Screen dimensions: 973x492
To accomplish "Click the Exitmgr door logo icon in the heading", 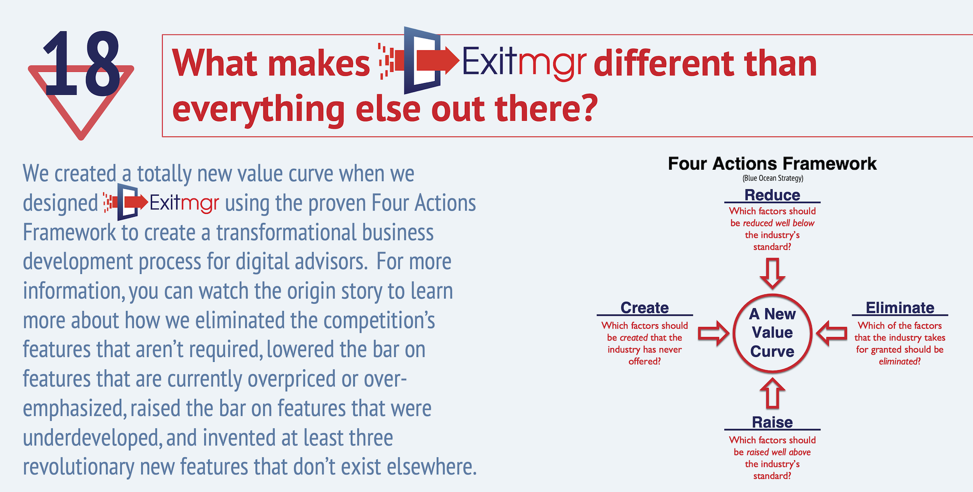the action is click(419, 60).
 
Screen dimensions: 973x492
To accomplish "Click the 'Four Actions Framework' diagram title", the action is click(772, 163).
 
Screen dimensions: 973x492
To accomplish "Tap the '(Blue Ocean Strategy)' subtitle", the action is click(773, 178).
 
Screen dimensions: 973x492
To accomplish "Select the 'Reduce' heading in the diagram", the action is click(772, 195).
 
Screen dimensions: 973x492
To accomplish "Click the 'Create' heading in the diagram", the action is click(645, 308).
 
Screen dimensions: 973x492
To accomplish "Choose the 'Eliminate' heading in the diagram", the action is click(900, 308).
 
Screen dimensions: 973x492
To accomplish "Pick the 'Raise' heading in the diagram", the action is click(772, 422).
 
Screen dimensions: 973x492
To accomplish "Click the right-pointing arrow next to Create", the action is click(714, 334).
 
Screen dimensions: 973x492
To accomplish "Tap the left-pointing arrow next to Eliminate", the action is click(832, 334).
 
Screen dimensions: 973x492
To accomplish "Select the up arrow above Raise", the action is click(772, 393).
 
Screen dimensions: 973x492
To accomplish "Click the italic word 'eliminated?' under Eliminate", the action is click(900, 361).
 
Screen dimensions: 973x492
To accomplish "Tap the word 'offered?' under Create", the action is click(645, 361).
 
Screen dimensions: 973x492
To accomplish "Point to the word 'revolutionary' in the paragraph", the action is click(79, 467).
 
